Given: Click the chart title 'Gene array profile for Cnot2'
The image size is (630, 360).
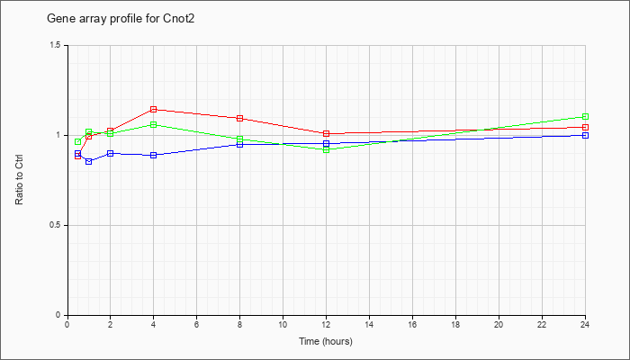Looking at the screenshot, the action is pyautogui.click(x=121, y=19).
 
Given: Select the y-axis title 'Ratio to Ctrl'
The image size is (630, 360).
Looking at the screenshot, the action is pyautogui.click(x=19, y=180).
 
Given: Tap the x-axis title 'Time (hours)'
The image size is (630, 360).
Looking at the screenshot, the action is pyautogui.click(x=326, y=341).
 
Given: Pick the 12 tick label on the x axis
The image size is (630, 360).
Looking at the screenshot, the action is pyautogui.click(x=326, y=324).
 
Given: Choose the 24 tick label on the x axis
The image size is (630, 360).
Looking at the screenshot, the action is pyautogui.click(x=585, y=324).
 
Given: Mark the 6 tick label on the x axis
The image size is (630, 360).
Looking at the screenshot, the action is pyautogui.click(x=196, y=324).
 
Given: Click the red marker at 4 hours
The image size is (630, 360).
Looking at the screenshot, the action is pyautogui.click(x=154, y=109).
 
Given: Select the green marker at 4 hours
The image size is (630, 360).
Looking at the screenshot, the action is pyautogui.click(x=154, y=124).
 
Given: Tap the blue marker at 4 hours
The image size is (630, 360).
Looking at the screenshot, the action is pyautogui.click(x=154, y=155).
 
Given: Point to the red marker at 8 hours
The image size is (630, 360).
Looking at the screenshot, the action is pyautogui.click(x=240, y=118).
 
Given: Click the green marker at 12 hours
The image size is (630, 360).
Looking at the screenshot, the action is pyautogui.click(x=326, y=150).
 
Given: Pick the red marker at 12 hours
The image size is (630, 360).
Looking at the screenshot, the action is pyautogui.click(x=326, y=133).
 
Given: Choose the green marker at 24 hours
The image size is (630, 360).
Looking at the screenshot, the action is pyautogui.click(x=585, y=116).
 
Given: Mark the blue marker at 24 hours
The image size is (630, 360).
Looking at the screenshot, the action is pyautogui.click(x=585, y=135).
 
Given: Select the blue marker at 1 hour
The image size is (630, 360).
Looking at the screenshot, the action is pyautogui.click(x=89, y=161).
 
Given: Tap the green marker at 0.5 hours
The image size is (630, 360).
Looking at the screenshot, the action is pyautogui.click(x=78, y=142).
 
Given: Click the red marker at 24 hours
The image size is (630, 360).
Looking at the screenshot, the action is pyautogui.click(x=585, y=128).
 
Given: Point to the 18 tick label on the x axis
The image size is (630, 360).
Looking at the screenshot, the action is pyautogui.click(x=455, y=324).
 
